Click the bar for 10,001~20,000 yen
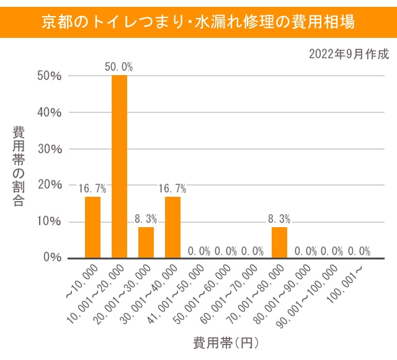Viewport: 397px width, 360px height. click(119, 166)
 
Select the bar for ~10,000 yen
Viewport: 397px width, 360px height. click(92, 227)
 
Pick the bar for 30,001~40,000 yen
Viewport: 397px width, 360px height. click(172, 227)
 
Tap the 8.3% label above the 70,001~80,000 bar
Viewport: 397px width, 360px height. click(279, 219)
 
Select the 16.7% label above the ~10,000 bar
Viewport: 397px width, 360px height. click(92, 189)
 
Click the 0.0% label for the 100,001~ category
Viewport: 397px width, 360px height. click(359, 251)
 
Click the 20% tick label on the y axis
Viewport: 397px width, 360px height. click(49, 185)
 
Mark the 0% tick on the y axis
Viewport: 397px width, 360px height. click(52, 258)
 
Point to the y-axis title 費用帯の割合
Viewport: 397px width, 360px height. click(19, 166)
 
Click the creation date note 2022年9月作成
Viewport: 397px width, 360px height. click(349, 54)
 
